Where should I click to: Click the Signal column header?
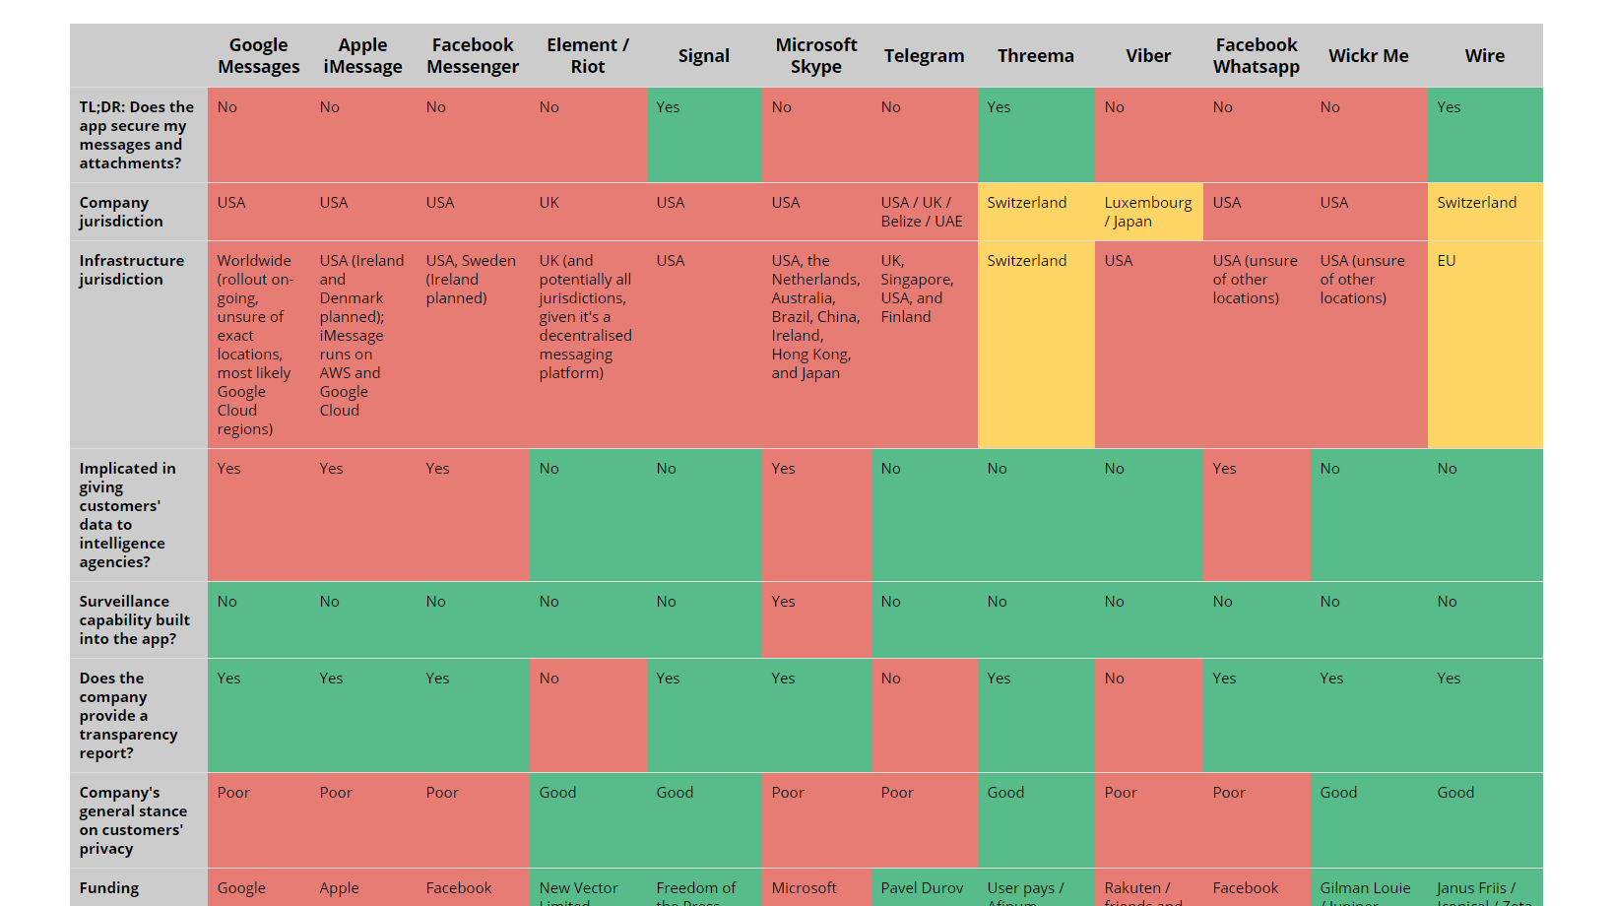(x=703, y=56)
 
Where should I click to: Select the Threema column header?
(x=1035, y=56)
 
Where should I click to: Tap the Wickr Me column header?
(x=1368, y=56)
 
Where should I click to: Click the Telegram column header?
(x=924, y=56)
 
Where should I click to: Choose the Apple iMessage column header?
(x=362, y=56)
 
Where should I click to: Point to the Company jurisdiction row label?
(x=121, y=212)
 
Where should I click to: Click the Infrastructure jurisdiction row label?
(x=132, y=270)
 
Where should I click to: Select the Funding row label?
(x=109, y=888)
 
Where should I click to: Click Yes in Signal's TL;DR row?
(x=668, y=107)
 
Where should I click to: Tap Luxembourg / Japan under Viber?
(x=1147, y=212)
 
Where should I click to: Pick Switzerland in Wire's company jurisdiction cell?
(x=1476, y=203)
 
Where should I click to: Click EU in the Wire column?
(x=1446, y=261)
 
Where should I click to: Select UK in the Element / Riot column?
(x=548, y=203)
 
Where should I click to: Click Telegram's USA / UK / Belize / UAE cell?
(x=921, y=212)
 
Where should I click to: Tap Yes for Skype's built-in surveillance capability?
(x=783, y=602)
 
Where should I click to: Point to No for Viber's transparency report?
(x=1114, y=679)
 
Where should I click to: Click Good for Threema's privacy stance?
(x=1005, y=793)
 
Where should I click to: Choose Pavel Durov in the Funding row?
(x=922, y=888)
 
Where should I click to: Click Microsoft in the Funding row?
(x=804, y=888)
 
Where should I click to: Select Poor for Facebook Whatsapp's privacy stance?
(x=1229, y=793)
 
